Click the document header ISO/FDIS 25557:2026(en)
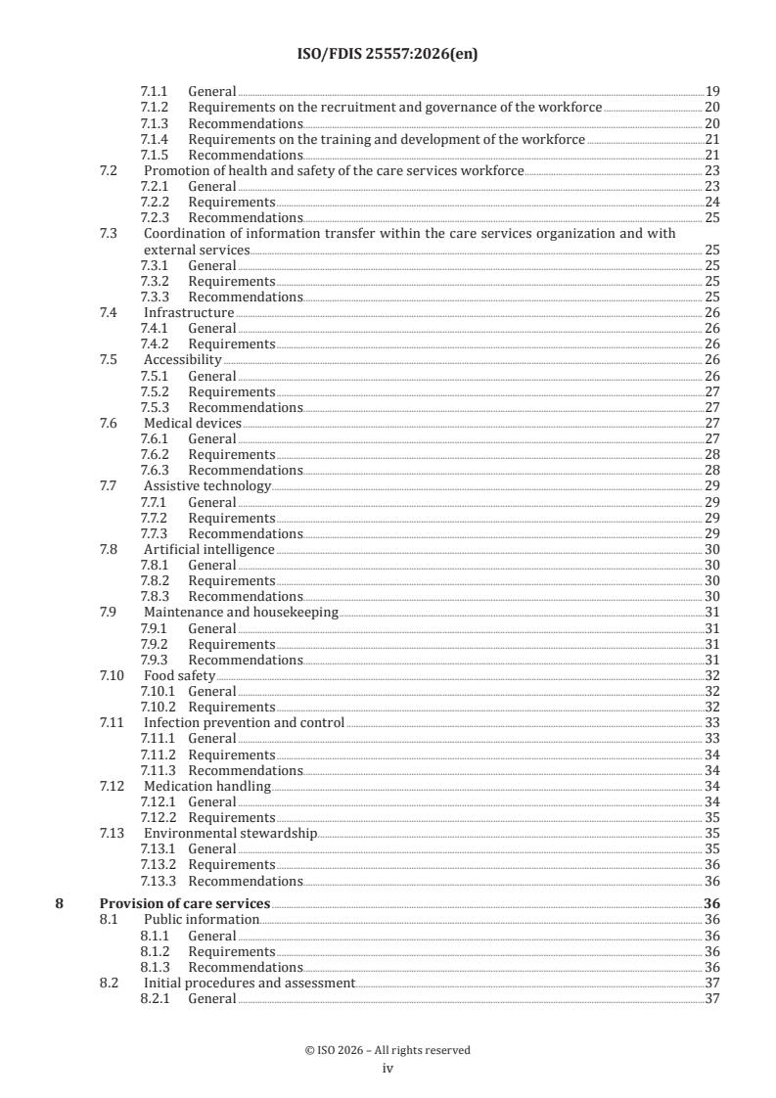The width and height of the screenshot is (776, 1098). click(x=388, y=57)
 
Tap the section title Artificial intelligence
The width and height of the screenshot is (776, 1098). click(x=208, y=550)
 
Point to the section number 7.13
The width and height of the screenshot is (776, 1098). click(x=114, y=834)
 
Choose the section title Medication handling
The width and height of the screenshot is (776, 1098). click(x=206, y=787)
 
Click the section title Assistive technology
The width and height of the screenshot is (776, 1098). click(x=206, y=486)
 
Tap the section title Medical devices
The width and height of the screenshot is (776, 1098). click(x=192, y=424)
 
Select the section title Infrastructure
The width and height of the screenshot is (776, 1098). click(x=188, y=313)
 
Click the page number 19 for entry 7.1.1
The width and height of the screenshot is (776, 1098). click(x=712, y=92)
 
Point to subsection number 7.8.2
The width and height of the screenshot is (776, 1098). click(x=158, y=581)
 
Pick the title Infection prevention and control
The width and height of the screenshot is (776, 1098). click(x=244, y=723)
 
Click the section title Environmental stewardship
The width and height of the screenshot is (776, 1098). click(x=230, y=834)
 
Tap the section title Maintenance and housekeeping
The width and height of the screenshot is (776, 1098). click(x=241, y=613)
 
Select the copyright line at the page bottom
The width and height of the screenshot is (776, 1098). click(x=388, y=1050)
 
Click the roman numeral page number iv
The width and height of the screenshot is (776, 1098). click(x=388, y=1069)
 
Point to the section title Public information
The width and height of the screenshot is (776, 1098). click(x=202, y=920)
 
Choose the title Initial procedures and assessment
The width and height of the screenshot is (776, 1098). click(x=249, y=983)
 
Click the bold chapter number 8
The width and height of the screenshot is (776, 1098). click(x=60, y=904)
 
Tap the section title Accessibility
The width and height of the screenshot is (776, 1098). click(x=183, y=360)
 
